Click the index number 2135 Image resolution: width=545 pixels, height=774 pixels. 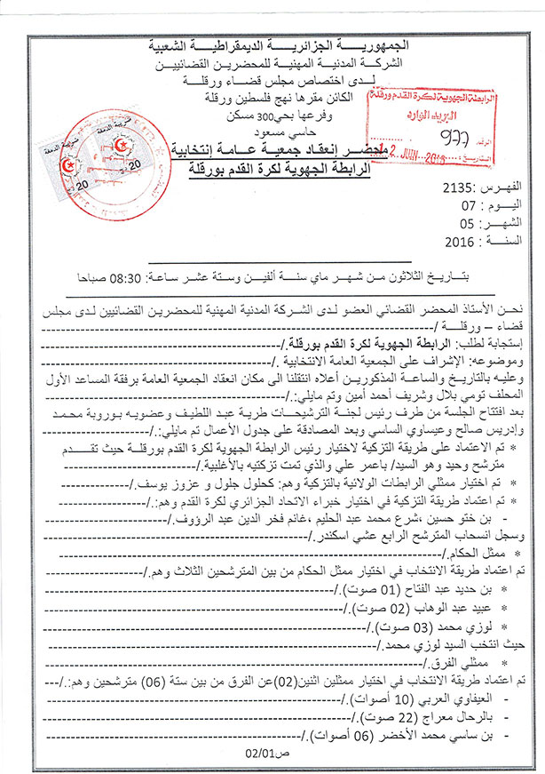[455, 189]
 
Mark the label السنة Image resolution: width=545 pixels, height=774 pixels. [505, 240]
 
